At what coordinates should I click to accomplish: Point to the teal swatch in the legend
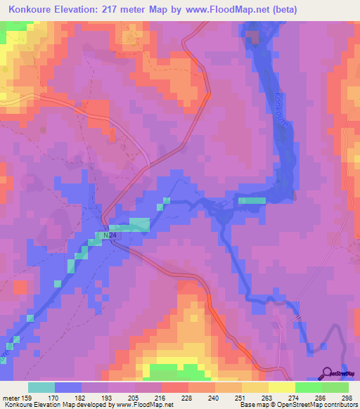pyautogui.click(x=41, y=387)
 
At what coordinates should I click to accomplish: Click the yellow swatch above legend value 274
pyautogui.click(x=281, y=387)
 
